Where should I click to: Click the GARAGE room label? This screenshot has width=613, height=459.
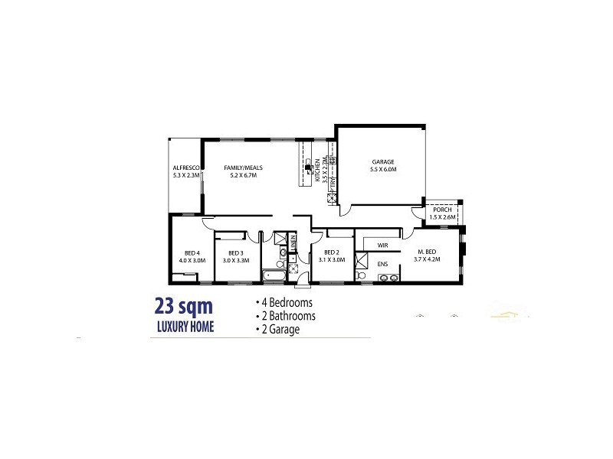pyautogui.click(x=382, y=162)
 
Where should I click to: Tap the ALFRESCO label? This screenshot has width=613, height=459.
pyautogui.click(x=186, y=168)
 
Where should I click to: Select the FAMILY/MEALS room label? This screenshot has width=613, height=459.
pyautogui.click(x=241, y=168)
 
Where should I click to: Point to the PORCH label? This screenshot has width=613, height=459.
pyautogui.click(x=442, y=210)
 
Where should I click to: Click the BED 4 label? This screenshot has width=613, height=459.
pyautogui.click(x=192, y=253)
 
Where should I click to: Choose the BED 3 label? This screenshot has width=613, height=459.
pyautogui.click(x=235, y=253)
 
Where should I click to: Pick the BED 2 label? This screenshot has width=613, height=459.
pyautogui.click(x=331, y=253)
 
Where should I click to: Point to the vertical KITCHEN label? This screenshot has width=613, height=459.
pyautogui.click(x=316, y=170)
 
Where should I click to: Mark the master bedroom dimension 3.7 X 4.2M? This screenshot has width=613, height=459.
pyautogui.click(x=428, y=260)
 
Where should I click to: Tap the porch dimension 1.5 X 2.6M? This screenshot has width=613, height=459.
pyautogui.click(x=442, y=217)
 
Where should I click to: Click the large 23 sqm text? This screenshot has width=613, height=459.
pyautogui.click(x=183, y=307)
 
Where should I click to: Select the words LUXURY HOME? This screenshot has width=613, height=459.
pyautogui.click(x=185, y=327)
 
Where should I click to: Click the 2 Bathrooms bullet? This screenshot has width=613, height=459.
pyautogui.click(x=285, y=315)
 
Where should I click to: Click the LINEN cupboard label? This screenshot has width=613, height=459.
pyautogui.click(x=293, y=245)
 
